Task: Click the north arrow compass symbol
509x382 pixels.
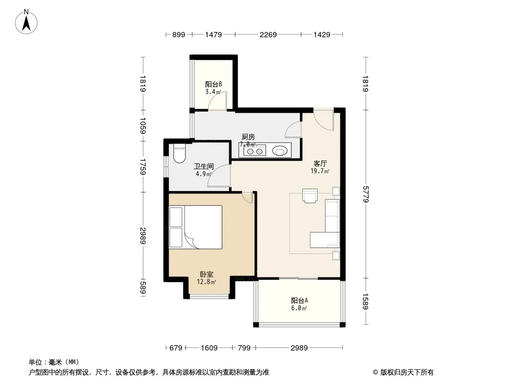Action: pyautogui.click(x=26, y=22)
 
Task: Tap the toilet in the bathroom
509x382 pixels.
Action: pyautogui.click(x=179, y=153)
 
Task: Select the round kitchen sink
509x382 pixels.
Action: pyautogui.click(x=279, y=151)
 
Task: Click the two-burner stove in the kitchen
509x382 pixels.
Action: pyautogui.click(x=254, y=151)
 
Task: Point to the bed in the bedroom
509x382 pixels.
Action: pyautogui.click(x=196, y=227)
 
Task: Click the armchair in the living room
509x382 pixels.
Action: pyautogui.click(x=310, y=196)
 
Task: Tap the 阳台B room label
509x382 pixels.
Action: pyautogui.click(x=213, y=85)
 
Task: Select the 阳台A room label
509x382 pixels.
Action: pyautogui.click(x=299, y=301)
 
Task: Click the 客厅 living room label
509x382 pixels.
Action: pyautogui.click(x=320, y=164)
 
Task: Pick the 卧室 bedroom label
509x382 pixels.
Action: pyautogui.click(x=206, y=275)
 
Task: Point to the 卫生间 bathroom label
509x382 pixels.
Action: pyautogui.click(x=204, y=167)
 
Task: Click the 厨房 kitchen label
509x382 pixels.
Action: pyautogui.click(x=248, y=137)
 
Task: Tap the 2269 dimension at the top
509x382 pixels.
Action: pyautogui.click(x=268, y=34)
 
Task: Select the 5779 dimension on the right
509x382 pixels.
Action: pyautogui.click(x=366, y=194)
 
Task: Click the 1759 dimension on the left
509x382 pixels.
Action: pyautogui.click(x=143, y=167)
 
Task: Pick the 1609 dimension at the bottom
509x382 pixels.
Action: pyautogui.click(x=209, y=348)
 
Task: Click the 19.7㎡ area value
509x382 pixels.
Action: pyautogui.click(x=320, y=171)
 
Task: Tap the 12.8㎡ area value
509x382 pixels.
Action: pyautogui.click(x=206, y=282)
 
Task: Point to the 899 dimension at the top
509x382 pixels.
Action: pyautogui.click(x=179, y=34)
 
